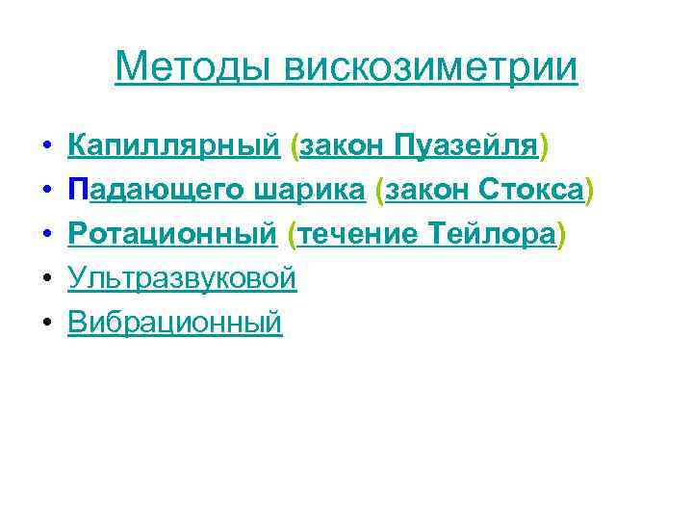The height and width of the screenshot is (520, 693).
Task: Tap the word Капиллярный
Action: coord(174,146)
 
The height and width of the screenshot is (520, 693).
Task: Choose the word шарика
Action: coord(310,191)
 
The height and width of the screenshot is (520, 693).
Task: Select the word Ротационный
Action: coord(173,235)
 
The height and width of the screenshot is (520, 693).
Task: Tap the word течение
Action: coord(355,235)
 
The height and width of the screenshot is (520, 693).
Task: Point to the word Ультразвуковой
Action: coord(182,279)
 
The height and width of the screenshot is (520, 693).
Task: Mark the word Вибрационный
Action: coord(175,323)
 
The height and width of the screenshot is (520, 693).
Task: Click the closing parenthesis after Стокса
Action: coord(589,191)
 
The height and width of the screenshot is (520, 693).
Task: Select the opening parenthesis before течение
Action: coord(294,235)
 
